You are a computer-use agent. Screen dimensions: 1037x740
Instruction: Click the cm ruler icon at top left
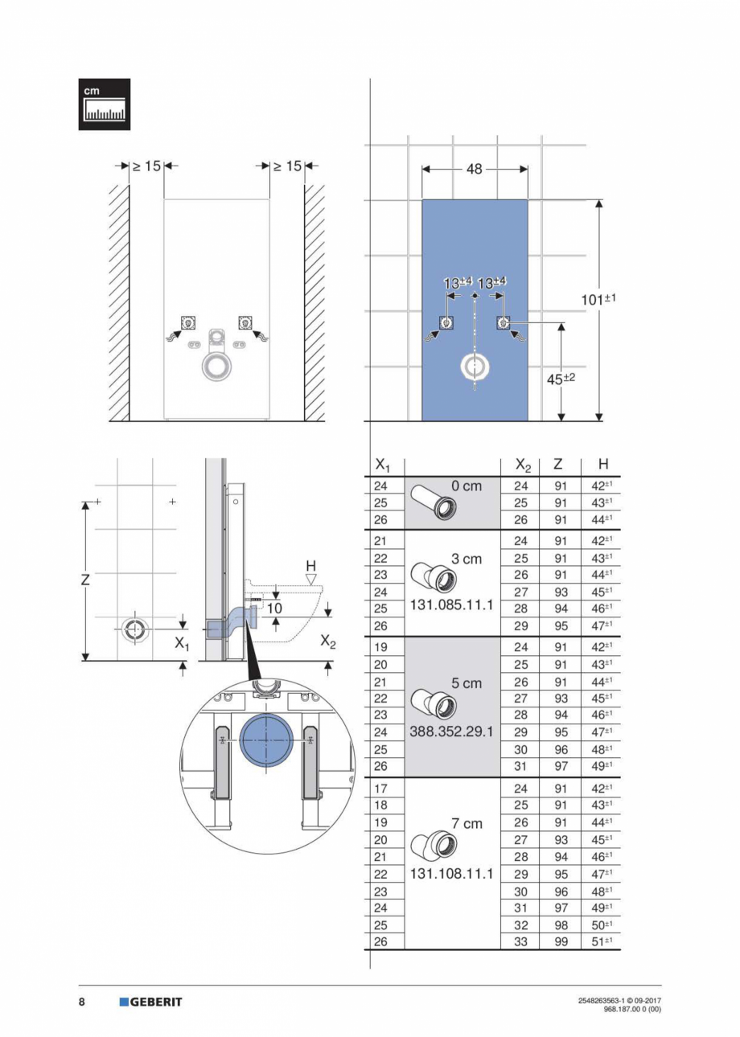coord(104,104)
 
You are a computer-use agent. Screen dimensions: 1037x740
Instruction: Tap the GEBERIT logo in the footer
coord(150,1002)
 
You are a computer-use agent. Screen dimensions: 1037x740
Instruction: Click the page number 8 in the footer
coord(82,1002)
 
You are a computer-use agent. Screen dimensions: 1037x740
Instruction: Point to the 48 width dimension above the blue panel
coord(475,169)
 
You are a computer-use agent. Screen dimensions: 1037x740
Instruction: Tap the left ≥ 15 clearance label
coord(146,166)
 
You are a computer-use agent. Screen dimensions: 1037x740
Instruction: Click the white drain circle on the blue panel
coord(475,367)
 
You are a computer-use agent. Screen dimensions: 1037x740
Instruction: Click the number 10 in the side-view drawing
coord(274,609)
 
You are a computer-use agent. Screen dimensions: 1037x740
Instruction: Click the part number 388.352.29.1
coord(452,732)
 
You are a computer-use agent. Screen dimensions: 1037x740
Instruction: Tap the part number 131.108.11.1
coord(452,873)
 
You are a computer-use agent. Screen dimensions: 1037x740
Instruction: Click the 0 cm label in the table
coord(467,487)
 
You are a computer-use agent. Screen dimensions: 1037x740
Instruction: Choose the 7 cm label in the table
coord(467,823)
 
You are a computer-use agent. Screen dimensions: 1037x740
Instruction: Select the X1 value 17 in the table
coord(382,789)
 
